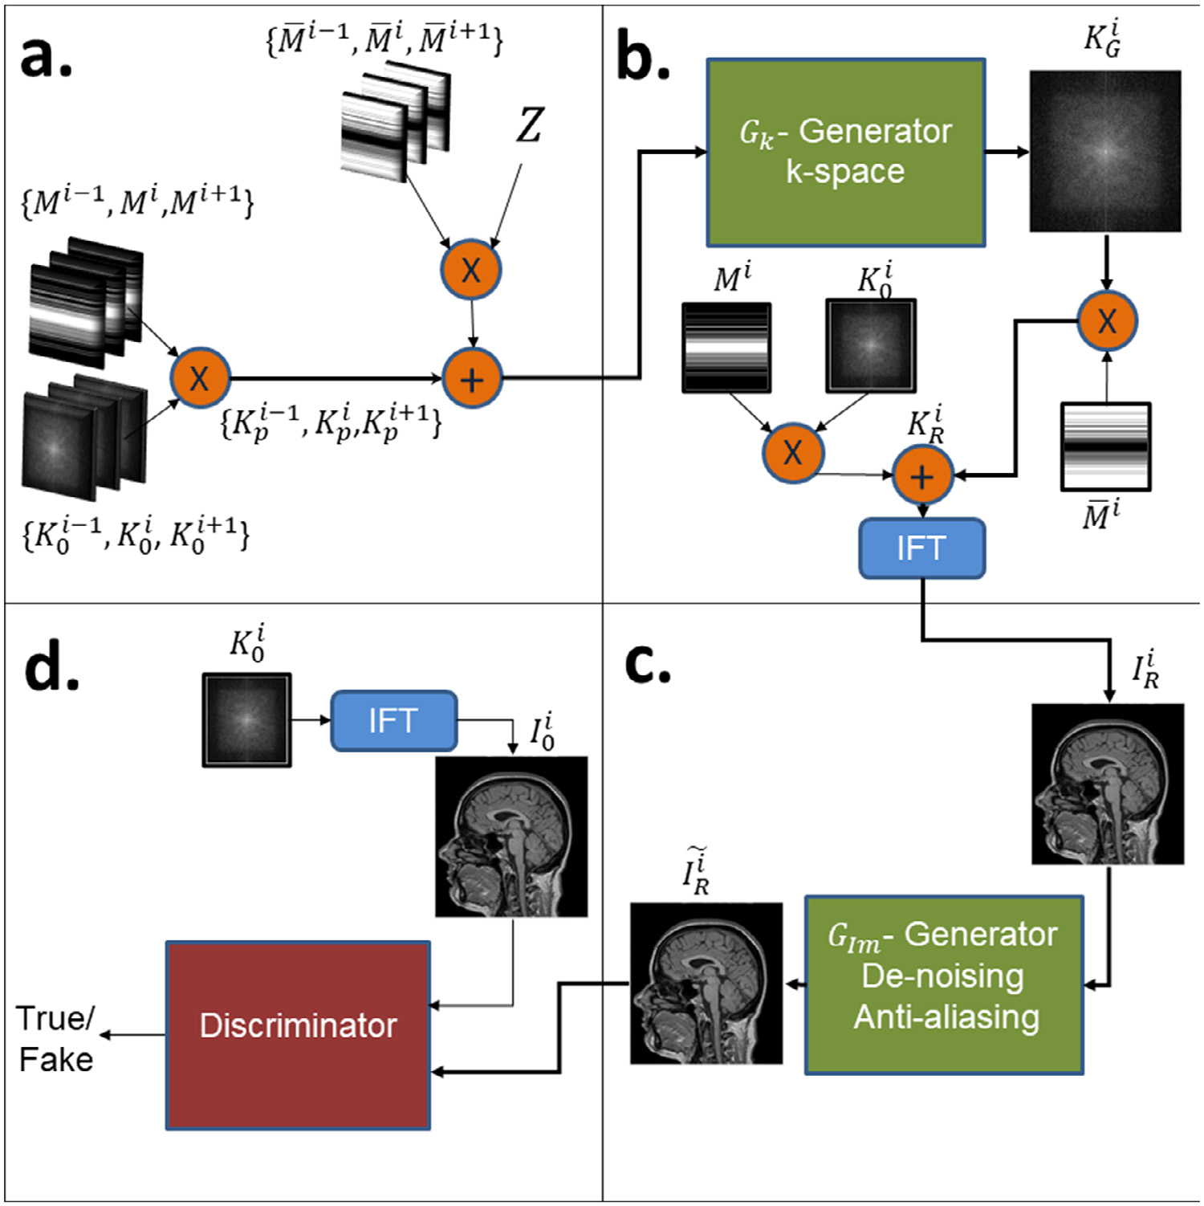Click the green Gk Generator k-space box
pos(845,153)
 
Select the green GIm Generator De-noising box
pos(944,984)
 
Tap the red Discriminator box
pos(298,1035)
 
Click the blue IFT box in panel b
pos(921,548)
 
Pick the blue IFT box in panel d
pos(393,720)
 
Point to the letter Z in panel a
pos(530,125)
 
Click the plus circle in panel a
pos(472,378)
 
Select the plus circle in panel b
pos(922,476)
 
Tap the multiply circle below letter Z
pos(471,270)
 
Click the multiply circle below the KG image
pos(1106,321)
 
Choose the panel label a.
pos(46,58)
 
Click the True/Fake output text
pos(55,1039)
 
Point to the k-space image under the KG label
pos(1105,151)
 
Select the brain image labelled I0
pos(511,836)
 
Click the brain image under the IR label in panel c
pos(1107,784)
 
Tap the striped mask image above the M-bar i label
pos(1105,446)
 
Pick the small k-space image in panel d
pos(246,720)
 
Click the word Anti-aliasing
pos(946,1017)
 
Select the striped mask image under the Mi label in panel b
pos(726,347)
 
